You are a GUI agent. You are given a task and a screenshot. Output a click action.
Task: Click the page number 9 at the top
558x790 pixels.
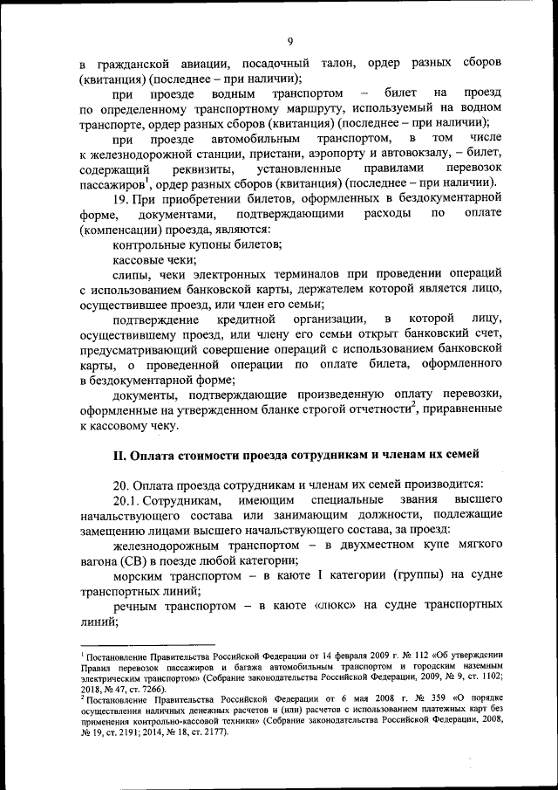289,39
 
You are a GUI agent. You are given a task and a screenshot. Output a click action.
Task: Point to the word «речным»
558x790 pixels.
139,605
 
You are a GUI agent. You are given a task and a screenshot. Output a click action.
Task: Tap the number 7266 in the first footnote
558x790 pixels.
157,688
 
